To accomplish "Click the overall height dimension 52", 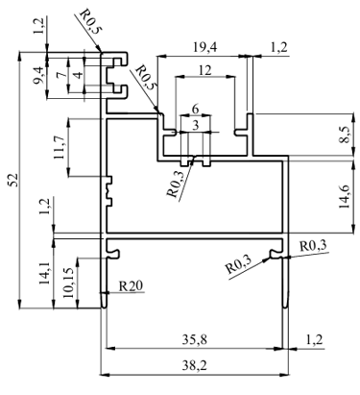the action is [13, 180].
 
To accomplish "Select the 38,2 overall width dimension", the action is [194, 364].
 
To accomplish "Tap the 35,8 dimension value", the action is [195, 339].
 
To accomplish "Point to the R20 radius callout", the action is [131, 286].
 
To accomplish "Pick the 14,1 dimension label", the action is [44, 273].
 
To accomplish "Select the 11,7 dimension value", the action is [60, 147].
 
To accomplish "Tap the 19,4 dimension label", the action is [205, 47].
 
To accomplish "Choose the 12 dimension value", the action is [204, 70].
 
